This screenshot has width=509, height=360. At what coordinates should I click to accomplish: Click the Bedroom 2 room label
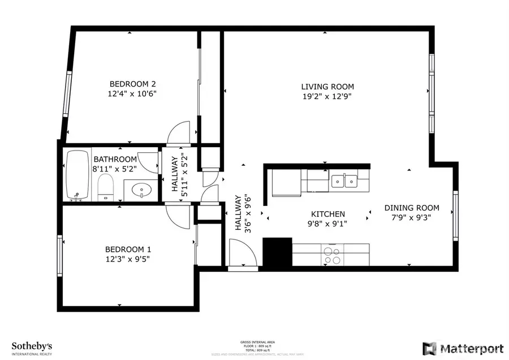coord(132,84)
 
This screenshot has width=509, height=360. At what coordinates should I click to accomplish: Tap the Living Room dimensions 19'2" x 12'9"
coord(327,97)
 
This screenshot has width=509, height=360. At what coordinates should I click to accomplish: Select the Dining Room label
coord(412,208)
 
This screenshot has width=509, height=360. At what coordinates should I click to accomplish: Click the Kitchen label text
coord(328,214)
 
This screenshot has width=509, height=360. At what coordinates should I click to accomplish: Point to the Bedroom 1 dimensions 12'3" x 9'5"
coord(128,259)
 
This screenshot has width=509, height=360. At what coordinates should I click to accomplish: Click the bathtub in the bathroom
coord(77,175)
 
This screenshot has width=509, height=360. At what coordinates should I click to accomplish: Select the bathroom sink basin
coord(140,190)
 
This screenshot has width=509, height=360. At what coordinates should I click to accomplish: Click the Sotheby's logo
coord(32,346)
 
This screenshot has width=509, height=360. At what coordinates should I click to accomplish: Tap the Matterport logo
coord(461,346)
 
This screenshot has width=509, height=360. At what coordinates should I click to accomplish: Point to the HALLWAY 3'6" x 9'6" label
coord(242,213)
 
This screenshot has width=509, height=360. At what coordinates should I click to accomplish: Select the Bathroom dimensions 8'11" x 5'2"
coord(115,169)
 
